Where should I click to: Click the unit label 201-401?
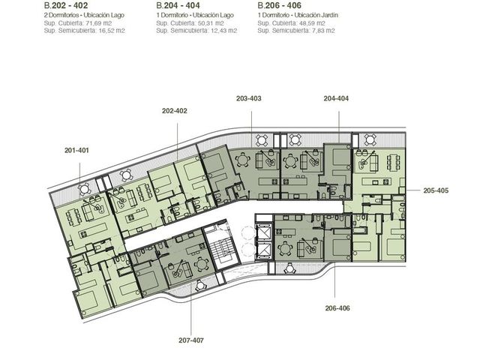pyautogui.click(x=76, y=150)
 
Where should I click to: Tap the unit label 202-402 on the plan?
pyautogui.click(x=175, y=111)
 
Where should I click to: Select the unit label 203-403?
pyautogui.click(x=248, y=98)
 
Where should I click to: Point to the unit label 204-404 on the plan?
pyautogui.click(x=336, y=98)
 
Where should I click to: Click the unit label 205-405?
pyautogui.click(x=436, y=190)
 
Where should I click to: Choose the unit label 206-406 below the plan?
pyautogui.click(x=337, y=308)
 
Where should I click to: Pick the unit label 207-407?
pyautogui.click(x=191, y=340)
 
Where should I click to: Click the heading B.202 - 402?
pyautogui.click(x=66, y=5)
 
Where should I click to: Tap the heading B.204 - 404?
pyautogui.click(x=178, y=5)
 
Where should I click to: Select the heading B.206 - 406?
pyautogui.click(x=279, y=5)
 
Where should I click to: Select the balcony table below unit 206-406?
pyautogui.click(x=289, y=268)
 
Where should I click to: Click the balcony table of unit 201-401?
pyautogui.click(x=84, y=190)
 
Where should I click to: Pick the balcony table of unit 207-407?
pyautogui.click(x=200, y=286)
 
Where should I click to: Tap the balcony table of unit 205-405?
pyautogui.click(x=370, y=140)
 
